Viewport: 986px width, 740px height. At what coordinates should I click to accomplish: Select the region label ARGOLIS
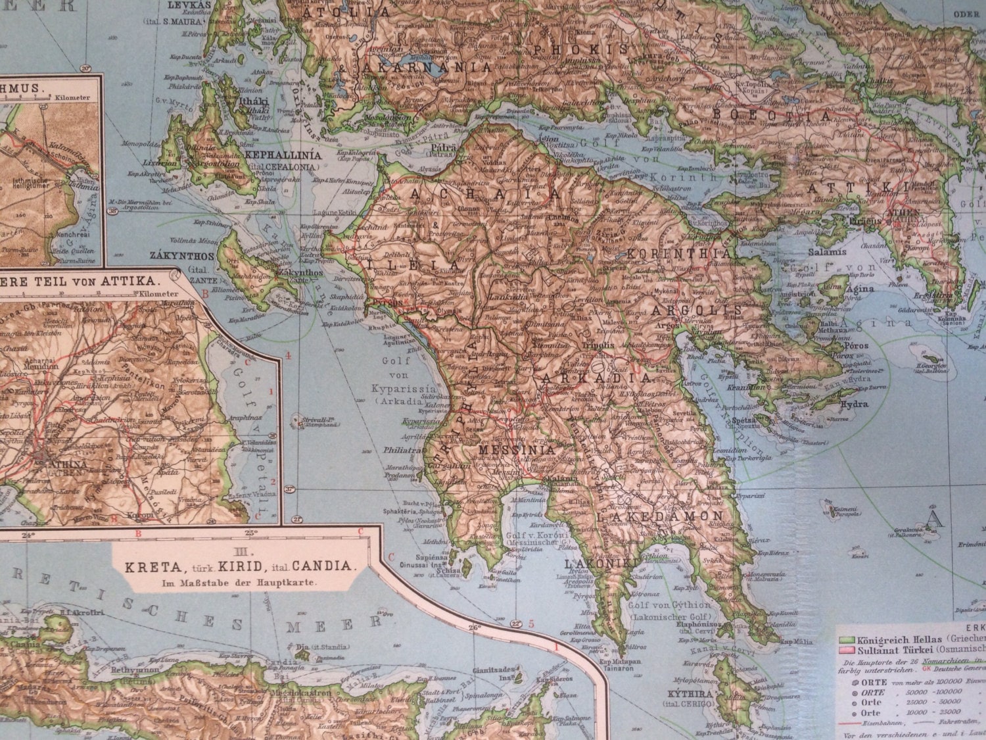point(696,309)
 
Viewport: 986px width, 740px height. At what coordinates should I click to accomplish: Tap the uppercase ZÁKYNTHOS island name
point(174,255)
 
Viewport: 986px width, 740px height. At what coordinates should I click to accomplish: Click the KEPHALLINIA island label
point(283,156)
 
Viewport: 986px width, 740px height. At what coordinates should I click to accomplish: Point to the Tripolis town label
point(598,345)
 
